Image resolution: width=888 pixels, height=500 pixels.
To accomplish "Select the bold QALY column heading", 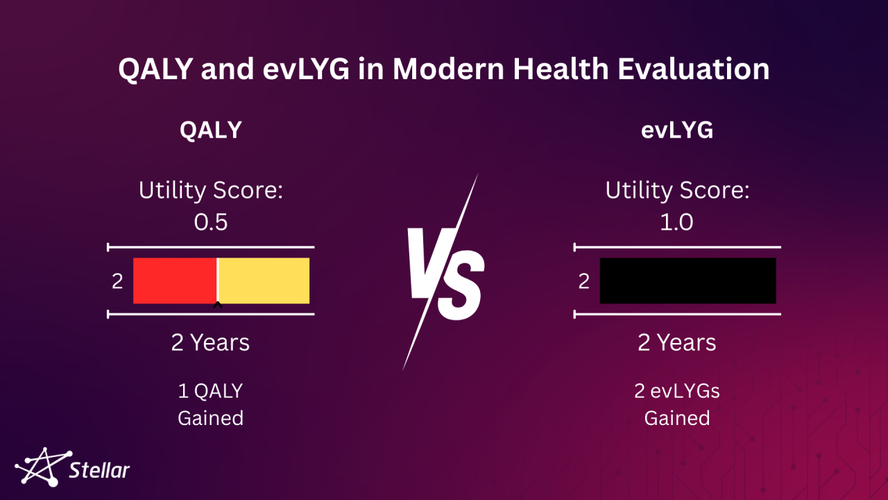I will pyautogui.click(x=210, y=130).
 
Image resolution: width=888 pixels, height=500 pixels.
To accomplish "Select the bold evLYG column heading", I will pyautogui.click(x=676, y=130).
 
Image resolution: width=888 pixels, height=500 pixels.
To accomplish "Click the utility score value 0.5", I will pyautogui.click(x=210, y=222).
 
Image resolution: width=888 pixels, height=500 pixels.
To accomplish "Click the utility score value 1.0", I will pyautogui.click(x=676, y=222).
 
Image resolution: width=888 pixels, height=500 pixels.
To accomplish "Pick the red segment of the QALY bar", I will pyautogui.click(x=175, y=281).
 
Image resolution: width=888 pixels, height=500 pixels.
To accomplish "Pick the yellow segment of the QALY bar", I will pyautogui.click(x=264, y=281).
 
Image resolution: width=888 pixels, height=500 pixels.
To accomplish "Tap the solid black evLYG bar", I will pyautogui.click(x=688, y=281).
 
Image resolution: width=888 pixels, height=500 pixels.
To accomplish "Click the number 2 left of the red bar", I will pyautogui.click(x=117, y=281).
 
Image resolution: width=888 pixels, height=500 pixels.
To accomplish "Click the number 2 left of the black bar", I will pyautogui.click(x=584, y=281).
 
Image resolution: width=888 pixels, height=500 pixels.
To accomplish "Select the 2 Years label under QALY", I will pyautogui.click(x=210, y=342).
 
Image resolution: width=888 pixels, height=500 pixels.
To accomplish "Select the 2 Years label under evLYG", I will pyautogui.click(x=676, y=342).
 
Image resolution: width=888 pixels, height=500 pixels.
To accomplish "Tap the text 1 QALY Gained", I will pyautogui.click(x=210, y=404).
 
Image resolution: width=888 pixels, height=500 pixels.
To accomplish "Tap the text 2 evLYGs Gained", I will pyautogui.click(x=676, y=404).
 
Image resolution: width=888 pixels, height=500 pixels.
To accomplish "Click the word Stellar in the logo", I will pyautogui.click(x=99, y=471).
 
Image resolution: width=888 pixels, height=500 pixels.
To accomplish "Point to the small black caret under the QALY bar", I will pyautogui.click(x=218, y=304).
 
